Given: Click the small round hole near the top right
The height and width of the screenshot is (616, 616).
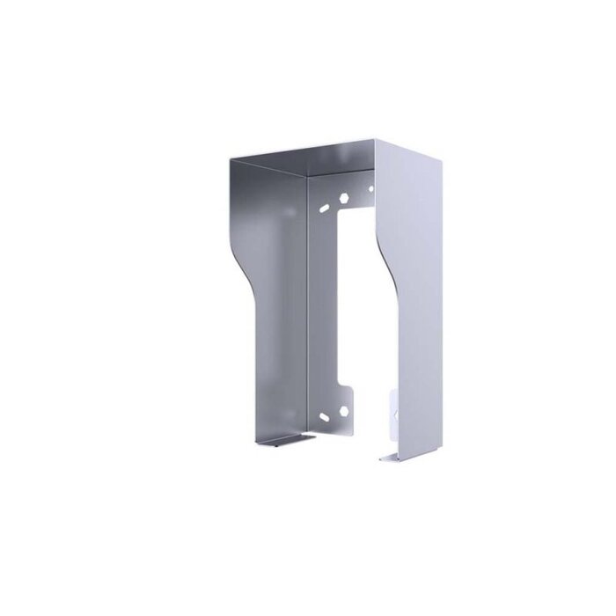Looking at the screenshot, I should [x=370, y=187].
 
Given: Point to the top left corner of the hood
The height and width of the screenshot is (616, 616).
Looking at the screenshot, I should [x=231, y=158].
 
